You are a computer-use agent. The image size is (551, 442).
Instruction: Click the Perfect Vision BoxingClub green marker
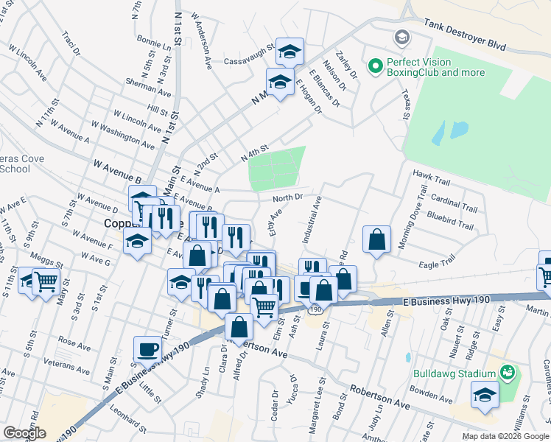(x=376, y=67)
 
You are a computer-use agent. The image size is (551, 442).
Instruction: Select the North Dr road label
(x=288, y=197)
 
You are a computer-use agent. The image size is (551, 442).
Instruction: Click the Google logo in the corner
(x=24, y=433)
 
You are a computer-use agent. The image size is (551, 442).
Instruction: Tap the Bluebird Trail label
(x=450, y=217)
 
